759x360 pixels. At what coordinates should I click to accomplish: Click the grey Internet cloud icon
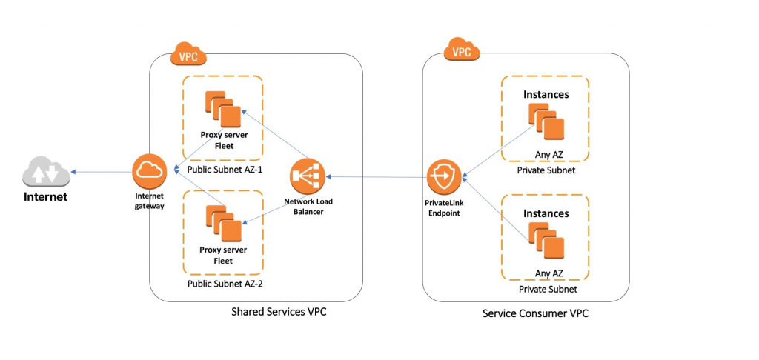[46, 171]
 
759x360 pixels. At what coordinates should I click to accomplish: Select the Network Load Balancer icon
[308, 176]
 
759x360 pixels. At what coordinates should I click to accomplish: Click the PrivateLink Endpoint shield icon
[445, 177]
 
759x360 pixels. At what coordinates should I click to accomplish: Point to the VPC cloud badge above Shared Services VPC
[189, 54]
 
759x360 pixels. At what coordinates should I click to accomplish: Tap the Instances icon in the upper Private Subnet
[546, 122]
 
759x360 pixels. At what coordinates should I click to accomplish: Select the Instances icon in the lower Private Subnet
[546, 241]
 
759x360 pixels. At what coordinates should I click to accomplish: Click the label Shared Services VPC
[279, 312]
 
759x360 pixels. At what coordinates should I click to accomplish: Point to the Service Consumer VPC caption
[535, 313]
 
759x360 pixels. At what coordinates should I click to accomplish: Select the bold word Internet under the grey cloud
[46, 197]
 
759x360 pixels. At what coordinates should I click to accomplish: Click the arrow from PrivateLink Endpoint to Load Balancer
[377, 177]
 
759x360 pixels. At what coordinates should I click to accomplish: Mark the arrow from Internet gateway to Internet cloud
[101, 171]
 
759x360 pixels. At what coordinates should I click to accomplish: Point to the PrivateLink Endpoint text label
[445, 207]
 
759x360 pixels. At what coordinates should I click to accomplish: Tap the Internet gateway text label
[150, 201]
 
